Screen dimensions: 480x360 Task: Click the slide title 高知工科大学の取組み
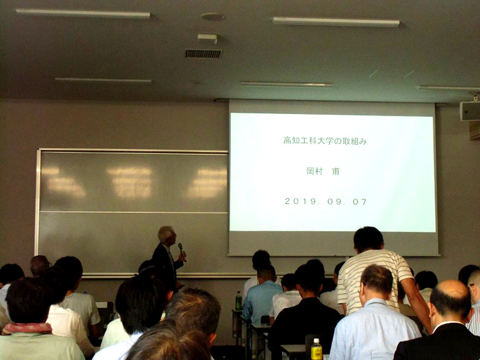pyautogui.click(x=325, y=141)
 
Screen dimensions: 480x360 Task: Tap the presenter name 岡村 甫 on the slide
pyautogui.click(x=323, y=171)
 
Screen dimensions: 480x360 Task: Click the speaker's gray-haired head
pyautogui.click(x=167, y=235)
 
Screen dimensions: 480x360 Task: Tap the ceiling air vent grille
pyautogui.click(x=203, y=54)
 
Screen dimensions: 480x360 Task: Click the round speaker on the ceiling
pyautogui.click(x=213, y=16)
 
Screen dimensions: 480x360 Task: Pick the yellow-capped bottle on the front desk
pyautogui.click(x=316, y=349)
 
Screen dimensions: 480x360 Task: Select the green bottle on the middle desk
pyautogui.click(x=239, y=300)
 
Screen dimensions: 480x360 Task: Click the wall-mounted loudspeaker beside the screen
pyautogui.click(x=470, y=111)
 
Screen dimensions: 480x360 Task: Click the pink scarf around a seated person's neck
pyautogui.click(x=27, y=328)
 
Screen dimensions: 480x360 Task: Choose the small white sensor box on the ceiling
pyautogui.click(x=207, y=38)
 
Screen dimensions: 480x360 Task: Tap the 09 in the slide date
pyautogui.click(x=334, y=202)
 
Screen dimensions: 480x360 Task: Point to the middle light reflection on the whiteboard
pyautogui.click(x=131, y=182)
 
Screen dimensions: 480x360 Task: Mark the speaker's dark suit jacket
pyautogui.click(x=165, y=263)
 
